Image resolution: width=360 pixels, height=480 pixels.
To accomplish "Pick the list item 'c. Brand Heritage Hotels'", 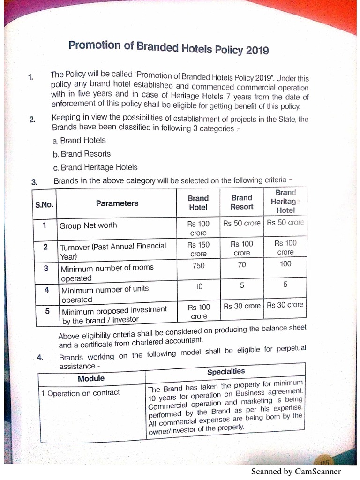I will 95,167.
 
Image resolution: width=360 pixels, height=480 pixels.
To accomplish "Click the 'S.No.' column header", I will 44,205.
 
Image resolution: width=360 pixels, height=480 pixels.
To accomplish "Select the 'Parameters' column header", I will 117,203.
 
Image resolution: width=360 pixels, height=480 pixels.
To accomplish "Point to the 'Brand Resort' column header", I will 241,202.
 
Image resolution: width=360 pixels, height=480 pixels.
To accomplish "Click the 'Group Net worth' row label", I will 88,225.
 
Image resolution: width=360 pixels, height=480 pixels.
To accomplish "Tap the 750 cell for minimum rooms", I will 198,265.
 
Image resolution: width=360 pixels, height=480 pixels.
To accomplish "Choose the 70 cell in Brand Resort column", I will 241,264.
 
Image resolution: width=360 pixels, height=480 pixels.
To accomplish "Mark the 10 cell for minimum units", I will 199,286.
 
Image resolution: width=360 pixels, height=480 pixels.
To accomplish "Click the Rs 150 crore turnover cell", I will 198,249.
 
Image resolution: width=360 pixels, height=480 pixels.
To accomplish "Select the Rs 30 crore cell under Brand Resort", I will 241,306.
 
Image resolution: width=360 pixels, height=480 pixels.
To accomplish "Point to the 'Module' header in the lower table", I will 91,378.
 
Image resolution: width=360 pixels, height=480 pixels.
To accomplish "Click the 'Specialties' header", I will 226,371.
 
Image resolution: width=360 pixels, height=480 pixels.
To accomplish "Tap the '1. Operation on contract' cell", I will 80,393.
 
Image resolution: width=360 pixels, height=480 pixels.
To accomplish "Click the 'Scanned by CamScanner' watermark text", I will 296,472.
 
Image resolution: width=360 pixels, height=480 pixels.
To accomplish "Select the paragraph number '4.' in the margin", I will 40,358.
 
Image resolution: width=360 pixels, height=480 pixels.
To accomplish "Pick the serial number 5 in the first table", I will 47,310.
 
